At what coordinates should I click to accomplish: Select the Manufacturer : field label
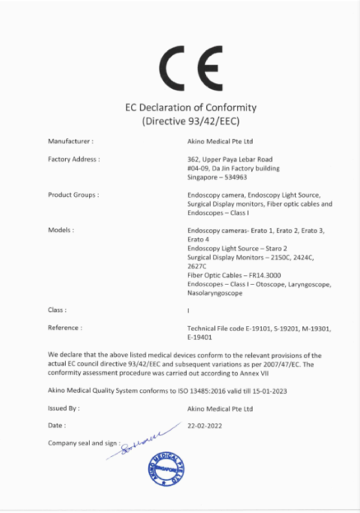[x=71, y=142]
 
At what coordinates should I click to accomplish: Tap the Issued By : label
[x=64, y=408]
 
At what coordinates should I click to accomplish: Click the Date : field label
[x=57, y=425]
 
